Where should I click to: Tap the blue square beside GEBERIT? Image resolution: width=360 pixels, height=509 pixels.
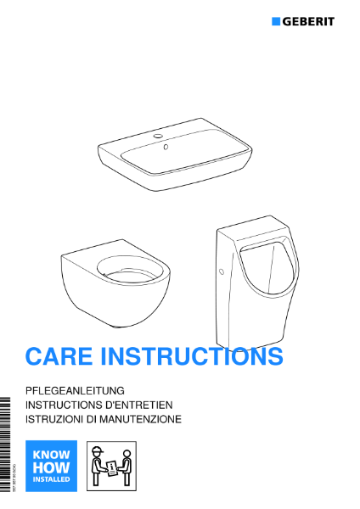click(276, 20)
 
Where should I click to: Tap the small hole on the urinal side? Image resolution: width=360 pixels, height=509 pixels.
click(221, 273)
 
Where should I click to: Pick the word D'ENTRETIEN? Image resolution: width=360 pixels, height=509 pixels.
click(143, 406)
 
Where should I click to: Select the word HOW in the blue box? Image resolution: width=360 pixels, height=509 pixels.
click(51, 467)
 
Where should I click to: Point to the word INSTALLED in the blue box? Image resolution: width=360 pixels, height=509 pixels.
click(51, 479)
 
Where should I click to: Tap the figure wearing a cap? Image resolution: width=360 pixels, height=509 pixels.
click(98, 466)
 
